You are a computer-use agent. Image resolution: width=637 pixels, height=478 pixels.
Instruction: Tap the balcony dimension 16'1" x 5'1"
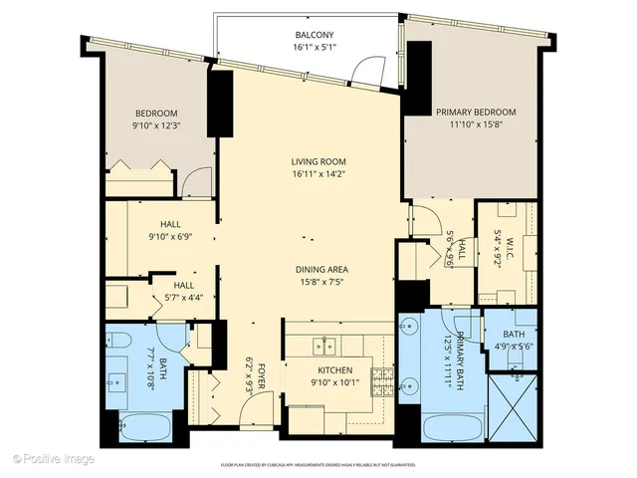click(x=313, y=47)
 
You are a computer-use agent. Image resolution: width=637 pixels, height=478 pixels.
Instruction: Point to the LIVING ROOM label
click(x=318, y=161)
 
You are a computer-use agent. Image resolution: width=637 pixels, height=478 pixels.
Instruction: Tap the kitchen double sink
click(x=324, y=347)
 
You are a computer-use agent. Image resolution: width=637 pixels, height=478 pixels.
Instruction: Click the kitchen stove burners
click(x=381, y=376)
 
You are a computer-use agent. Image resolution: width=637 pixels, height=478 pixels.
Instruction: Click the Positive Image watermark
click(x=54, y=459)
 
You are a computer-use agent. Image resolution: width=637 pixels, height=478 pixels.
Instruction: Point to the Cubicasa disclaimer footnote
click(x=318, y=464)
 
